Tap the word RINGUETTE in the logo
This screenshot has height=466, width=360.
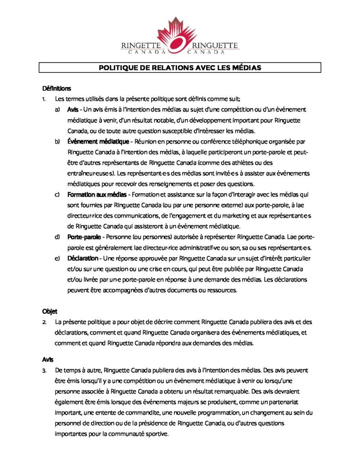pos(216,46)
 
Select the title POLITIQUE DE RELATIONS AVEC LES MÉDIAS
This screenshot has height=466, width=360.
pos(180,68)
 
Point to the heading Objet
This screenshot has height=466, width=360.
pos(50,312)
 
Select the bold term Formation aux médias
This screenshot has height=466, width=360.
pos(93,195)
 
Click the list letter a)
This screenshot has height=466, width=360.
pos(57,110)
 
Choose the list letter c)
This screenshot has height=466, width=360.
pos(57,195)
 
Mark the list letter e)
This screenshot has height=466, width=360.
pos(57,258)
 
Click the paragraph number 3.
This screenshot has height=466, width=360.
pos(44,370)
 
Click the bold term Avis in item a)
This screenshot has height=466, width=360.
pos(72,110)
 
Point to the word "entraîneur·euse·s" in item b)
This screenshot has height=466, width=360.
pos(91,173)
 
